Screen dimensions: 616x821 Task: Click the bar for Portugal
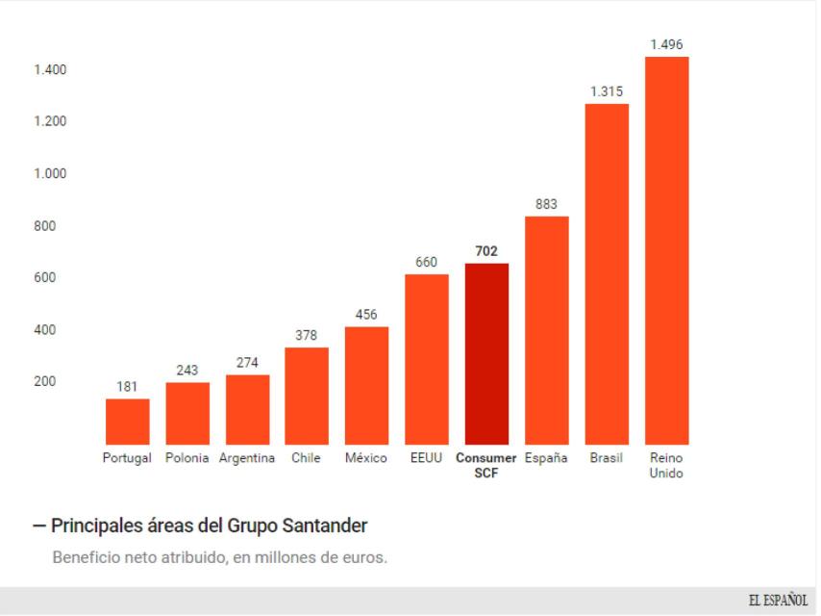point(127,421)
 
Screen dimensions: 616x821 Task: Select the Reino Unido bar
point(666,250)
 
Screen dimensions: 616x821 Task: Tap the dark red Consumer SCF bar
point(486,353)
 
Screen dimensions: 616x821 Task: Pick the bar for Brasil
point(607,273)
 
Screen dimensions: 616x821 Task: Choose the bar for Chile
point(307,395)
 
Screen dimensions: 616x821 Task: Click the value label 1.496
point(666,44)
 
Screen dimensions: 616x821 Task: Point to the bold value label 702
point(486,251)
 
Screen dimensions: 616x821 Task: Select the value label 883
point(546,204)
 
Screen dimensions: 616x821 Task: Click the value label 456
point(366,315)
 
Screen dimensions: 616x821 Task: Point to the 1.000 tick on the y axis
point(38,174)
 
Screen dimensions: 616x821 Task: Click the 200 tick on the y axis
point(44,382)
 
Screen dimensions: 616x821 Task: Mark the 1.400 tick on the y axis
point(38,70)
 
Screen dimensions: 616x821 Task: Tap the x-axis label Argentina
point(247,458)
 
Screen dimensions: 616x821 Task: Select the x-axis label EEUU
point(427,458)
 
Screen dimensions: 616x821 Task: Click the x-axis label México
point(366,458)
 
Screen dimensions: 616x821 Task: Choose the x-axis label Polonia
point(187,458)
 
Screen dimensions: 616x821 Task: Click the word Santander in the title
point(320,526)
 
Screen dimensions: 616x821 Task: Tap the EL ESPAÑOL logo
point(778,601)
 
